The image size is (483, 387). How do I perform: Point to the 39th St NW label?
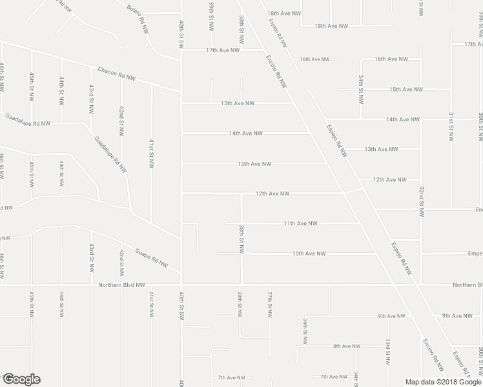point(211,15)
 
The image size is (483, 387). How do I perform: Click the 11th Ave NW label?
point(300,223)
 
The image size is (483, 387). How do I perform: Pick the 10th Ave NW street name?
point(309,253)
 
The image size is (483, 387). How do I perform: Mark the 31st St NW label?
point(451,125)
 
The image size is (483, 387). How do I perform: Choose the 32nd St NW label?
point(420,201)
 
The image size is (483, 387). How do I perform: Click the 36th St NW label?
point(305,332)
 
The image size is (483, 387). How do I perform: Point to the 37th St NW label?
point(270,304)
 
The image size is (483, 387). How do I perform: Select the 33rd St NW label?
point(387,352)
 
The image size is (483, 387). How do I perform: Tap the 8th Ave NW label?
point(346,346)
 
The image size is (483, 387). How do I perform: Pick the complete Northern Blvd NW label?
point(122,284)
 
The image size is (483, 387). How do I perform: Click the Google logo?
point(21,379)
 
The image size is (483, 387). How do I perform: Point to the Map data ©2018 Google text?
point(443,382)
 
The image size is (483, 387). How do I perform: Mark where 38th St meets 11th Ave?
point(241,223)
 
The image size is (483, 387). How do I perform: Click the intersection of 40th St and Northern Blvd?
point(181,284)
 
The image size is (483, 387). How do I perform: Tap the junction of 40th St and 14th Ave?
point(181,134)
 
